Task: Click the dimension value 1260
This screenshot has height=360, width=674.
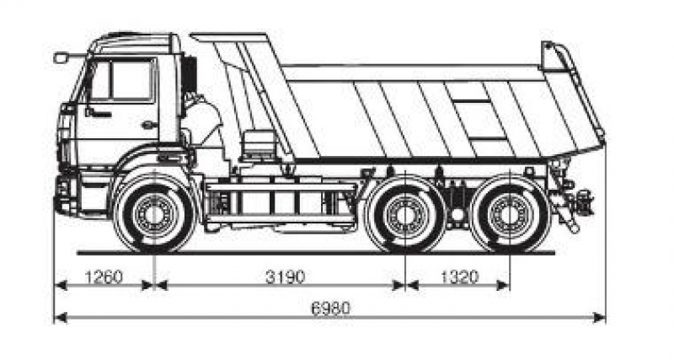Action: pos(104,277)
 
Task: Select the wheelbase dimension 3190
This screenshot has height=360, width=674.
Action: pos(286,277)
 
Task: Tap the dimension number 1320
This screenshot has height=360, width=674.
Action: pos(459,277)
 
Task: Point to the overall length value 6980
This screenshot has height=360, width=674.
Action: pos(331,308)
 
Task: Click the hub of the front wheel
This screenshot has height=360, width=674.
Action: pos(153,213)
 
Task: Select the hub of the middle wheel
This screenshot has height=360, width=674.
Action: pos(405,214)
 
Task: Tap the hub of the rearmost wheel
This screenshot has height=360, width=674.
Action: pos(510,214)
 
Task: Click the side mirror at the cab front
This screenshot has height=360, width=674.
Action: pos(61,57)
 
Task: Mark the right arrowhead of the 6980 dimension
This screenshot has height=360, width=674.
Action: pos(599,318)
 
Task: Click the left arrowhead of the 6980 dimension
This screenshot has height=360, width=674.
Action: pos(61,318)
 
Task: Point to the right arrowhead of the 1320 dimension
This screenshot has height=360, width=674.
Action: pos(503,285)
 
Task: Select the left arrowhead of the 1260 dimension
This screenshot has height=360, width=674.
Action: pos(61,285)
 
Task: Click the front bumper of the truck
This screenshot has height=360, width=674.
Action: pos(66,195)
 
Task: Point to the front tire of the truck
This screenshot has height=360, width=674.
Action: pos(153,213)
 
